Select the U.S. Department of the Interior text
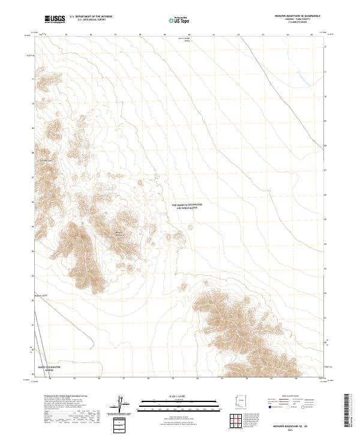coord(91,17)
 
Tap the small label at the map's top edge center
coord(187,40)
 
